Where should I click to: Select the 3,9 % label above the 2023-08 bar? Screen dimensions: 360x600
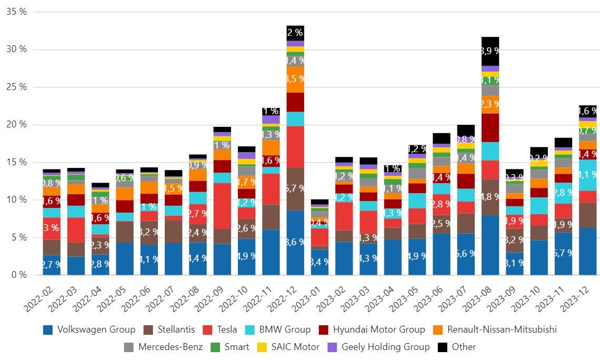[491, 51]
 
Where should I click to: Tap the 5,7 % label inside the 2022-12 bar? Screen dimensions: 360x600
[295, 188]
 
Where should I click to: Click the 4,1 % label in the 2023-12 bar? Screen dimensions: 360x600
[588, 175]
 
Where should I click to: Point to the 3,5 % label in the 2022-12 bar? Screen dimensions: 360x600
[295, 79]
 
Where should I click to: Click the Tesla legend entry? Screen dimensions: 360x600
[222, 330]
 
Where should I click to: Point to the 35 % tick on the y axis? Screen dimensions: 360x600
[16, 11]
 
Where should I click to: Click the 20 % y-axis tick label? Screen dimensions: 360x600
[16, 124]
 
